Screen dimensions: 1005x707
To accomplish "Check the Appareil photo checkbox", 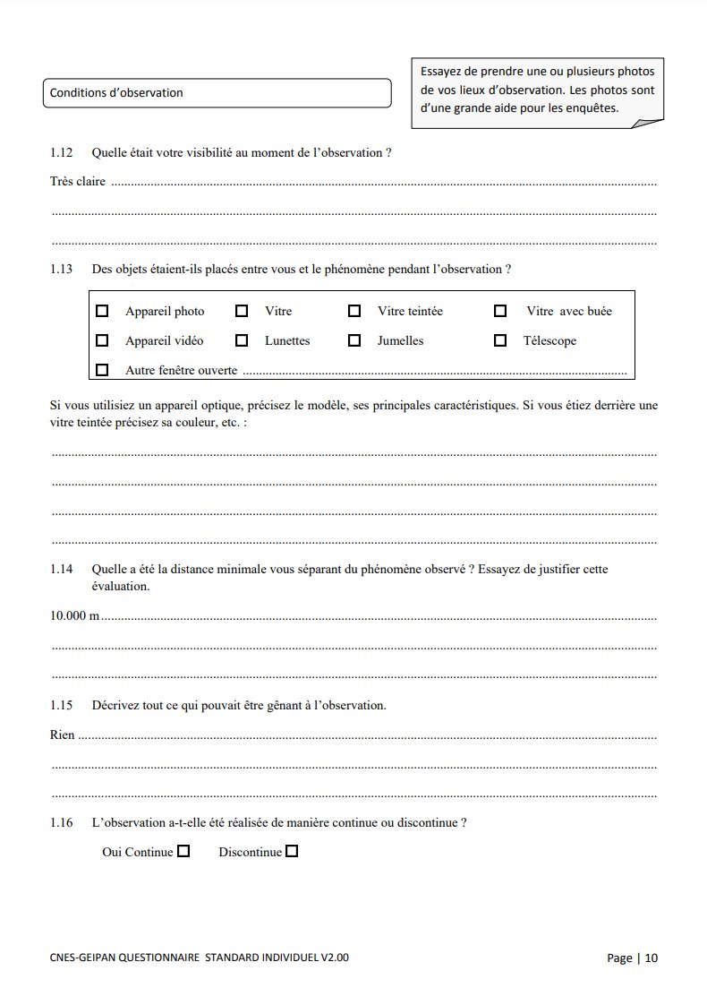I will click(x=102, y=311).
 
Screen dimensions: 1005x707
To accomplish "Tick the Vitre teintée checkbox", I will click(x=354, y=311).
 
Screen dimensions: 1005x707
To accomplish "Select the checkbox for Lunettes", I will click(x=242, y=340).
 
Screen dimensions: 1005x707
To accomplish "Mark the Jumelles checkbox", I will click(x=354, y=340).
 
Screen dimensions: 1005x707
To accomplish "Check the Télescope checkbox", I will click(x=500, y=340).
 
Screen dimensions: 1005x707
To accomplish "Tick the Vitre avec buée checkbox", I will click(x=500, y=311).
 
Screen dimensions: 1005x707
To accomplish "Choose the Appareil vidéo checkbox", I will click(x=102, y=340).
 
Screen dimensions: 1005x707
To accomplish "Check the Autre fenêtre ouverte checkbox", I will click(x=102, y=369).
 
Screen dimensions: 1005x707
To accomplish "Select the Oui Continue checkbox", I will click(x=183, y=852).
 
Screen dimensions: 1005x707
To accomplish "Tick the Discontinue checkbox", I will click(x=292, y=852).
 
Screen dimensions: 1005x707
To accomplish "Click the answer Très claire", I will click(x=77, y=182).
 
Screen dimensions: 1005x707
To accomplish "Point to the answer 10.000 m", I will click(x=74, y=616).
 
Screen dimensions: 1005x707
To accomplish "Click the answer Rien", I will click(x=62, y=735).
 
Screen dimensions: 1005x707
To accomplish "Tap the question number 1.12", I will click(x=61, y=152).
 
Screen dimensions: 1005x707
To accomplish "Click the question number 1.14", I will click(x=61, y=569).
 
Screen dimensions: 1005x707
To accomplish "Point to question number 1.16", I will click(x=61, y=822).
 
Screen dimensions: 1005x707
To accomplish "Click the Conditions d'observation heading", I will click(x=116, y=92).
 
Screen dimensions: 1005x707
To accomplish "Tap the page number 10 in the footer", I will click(x=651, y=958).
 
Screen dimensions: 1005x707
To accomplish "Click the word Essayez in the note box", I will click(x=445, y=71).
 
